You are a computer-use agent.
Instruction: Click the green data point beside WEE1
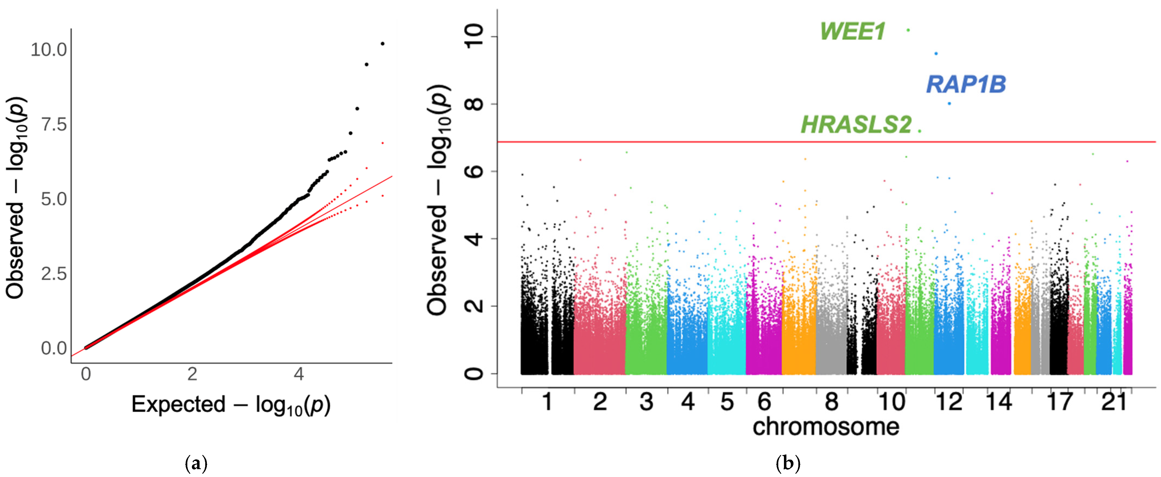908,30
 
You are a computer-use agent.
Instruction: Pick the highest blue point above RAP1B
936,54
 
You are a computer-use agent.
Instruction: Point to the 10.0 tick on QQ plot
49,50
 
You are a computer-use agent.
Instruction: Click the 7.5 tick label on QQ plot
54,124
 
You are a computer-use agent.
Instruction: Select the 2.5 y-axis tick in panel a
54,274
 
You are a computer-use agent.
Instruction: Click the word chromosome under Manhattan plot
826,427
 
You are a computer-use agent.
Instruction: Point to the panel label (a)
197,463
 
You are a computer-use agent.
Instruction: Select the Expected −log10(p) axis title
231,405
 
